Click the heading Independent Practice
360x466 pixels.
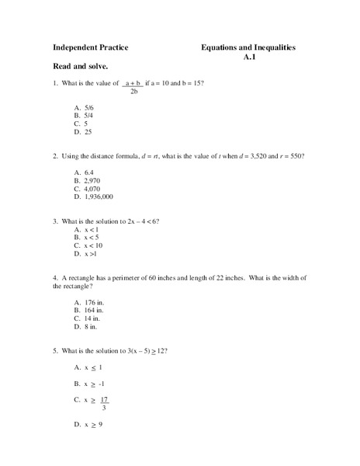click(90, 47)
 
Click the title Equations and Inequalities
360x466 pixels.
click(248, 47)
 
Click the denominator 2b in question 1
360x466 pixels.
click(134, 92)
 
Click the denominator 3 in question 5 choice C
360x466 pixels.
click(104, 408)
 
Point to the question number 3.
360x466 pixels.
click(55, 221)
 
